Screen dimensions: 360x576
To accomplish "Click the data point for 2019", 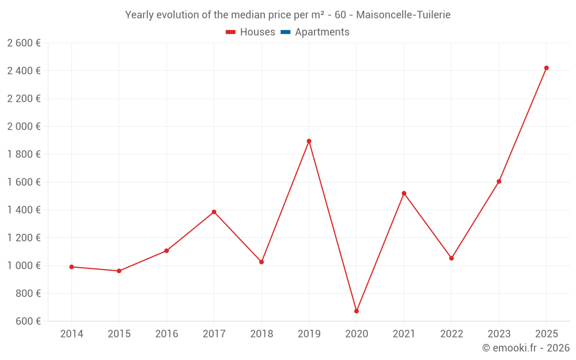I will click(x=309, y=141).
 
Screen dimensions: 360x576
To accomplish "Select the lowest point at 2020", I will click(x=357, y=311).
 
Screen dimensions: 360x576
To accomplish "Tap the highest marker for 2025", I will click(x=547, y=68).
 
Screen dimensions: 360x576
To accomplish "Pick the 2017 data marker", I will click(x=214, y=212).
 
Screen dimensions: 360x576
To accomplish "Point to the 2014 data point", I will click(x=71, y=267).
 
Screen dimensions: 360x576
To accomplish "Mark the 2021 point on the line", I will click(x=404, y=193).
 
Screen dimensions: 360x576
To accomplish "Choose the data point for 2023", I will click(x=499, y=181).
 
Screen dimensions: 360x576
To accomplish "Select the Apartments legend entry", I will click(x=322, y=32).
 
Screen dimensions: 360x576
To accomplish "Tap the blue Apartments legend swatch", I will click(x=285, y=32).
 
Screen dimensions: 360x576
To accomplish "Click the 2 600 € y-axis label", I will click(x=24, y=43).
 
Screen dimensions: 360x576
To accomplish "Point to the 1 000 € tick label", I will click(x=24, y=266).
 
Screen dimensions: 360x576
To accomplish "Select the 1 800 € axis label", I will click(x=24, y=154).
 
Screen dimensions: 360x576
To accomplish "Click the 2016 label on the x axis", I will click(x=166, y=334).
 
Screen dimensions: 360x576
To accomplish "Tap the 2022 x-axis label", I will click(x=452, y=334).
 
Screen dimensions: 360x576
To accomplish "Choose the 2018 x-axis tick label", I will click(x=262, y=334).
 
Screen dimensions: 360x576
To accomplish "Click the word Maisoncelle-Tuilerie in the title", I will click(x=403, y=14).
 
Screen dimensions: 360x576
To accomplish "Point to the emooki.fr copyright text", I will click(x=526, y=348).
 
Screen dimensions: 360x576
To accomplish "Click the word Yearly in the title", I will click(x=140, y=14).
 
